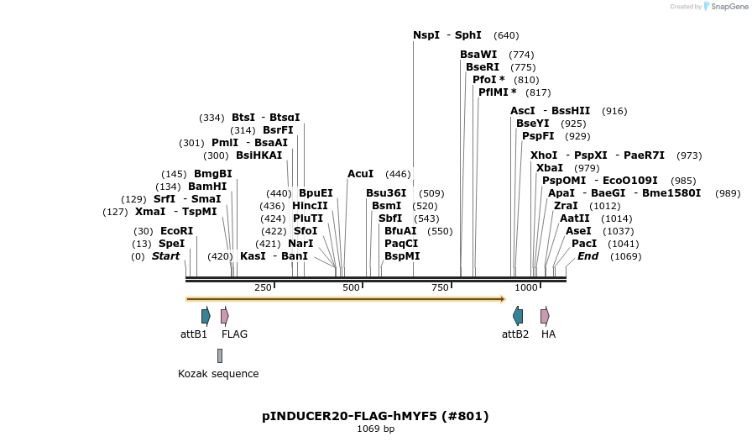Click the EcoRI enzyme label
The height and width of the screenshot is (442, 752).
point(176,231)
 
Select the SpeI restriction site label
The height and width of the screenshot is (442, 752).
point(171,244)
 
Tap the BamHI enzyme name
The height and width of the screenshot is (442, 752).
point(207,187)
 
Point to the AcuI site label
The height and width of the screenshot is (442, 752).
point(360,174)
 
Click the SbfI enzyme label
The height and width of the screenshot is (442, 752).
point(390,218)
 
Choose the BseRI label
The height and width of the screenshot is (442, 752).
point(483,67)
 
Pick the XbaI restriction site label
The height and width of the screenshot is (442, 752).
point(550,168)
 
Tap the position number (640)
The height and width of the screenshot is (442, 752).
point(506,35)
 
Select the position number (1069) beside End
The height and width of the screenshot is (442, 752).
point(626,256)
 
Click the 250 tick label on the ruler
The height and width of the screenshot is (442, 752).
point(262,288)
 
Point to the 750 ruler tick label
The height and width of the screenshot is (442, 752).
point(440,288)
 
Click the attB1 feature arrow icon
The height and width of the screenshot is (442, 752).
point(206,316)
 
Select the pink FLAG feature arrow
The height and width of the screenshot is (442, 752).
point(225,316)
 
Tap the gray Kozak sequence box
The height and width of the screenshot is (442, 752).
point(220,355)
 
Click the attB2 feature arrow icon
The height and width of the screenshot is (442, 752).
point(518,316)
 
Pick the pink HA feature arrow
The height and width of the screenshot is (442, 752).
point(545,316)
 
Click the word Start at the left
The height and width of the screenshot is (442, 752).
point(165,256)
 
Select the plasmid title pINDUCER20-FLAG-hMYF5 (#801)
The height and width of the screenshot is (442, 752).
point(375,416)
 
